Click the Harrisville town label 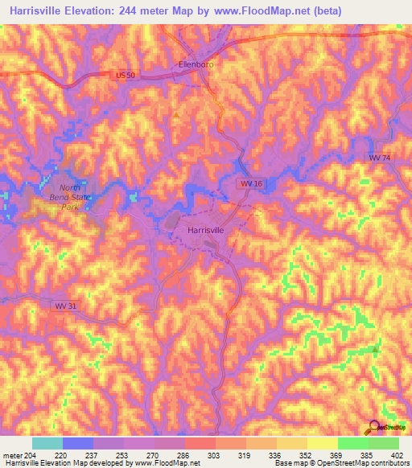tap(205, 230)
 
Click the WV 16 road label tap(251, 184)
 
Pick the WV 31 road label tap(66, 306)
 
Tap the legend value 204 tap(31, 454)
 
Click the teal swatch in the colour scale tap(47, 443)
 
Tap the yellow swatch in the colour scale tap(322, 443)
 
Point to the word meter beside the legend tap(12, 454)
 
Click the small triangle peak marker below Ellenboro tap(176, 115)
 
